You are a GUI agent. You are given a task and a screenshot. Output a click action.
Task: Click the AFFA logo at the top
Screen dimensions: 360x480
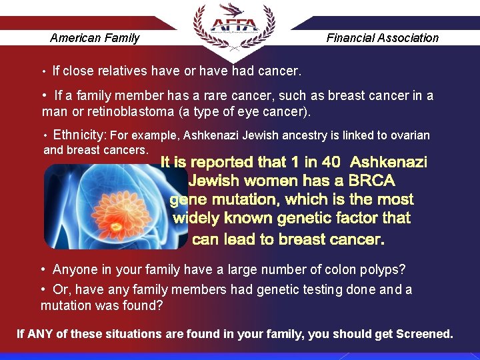(233, 27)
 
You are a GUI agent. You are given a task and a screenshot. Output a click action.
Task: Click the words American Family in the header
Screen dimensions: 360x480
(95, 38)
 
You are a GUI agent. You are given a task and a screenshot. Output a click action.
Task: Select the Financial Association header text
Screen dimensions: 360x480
(382, 38)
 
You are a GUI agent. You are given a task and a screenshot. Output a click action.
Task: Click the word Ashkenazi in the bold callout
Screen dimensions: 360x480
(389, 162)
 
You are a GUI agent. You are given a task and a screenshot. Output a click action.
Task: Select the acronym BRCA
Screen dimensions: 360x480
(372, 181)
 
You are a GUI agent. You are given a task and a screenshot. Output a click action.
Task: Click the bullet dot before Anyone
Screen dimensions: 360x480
(43, 270)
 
